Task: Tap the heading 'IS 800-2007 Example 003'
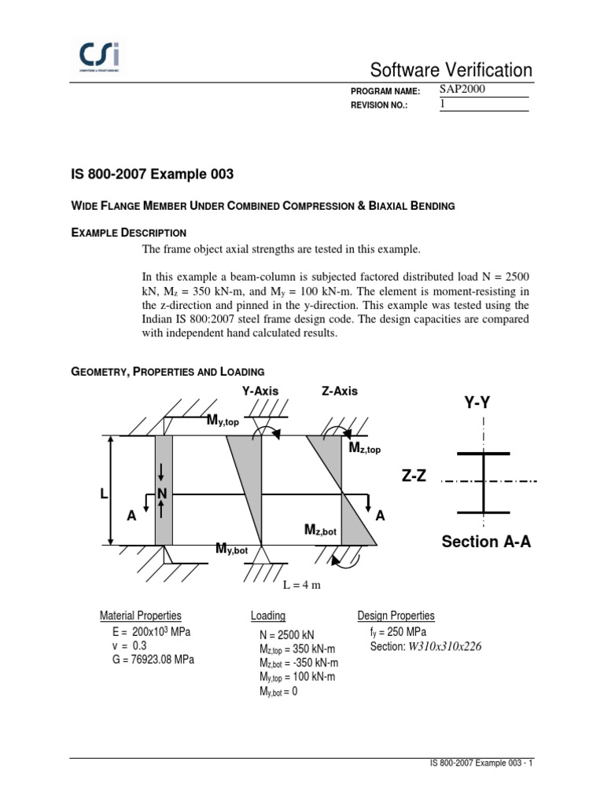coord(153,174)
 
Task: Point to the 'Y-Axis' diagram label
coord(260,391)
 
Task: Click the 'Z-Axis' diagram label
coord(339,391)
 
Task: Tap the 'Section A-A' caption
coord(486,542)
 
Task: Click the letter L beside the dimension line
coord(103,494)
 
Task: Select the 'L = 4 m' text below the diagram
coord(302,586)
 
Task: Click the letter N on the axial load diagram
coord(163,494)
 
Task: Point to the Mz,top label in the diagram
coord(364,447)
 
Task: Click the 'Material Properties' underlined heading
coord(141,616)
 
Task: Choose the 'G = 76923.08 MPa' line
coord(153,660)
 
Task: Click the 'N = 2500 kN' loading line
coord(289,634)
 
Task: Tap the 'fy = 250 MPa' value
coord(398,632)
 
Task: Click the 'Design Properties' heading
coord(396,616)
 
